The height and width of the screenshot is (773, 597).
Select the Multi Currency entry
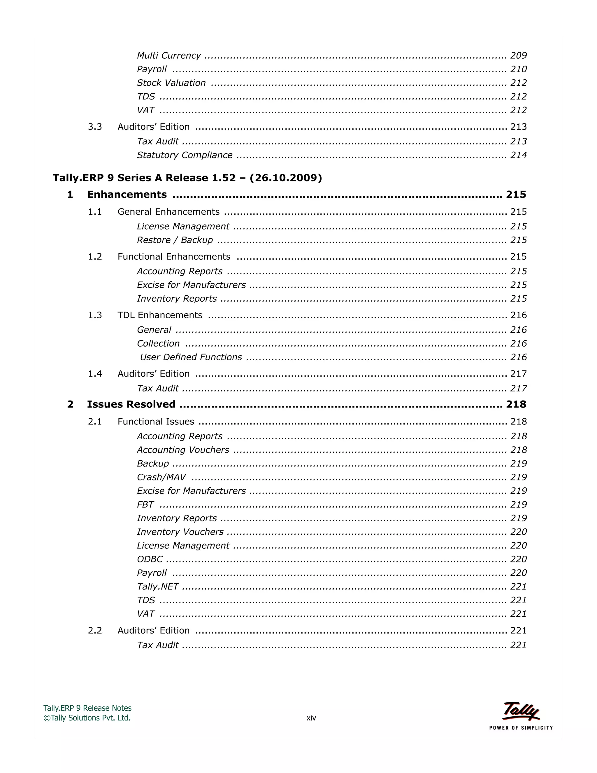[x=169, y=55]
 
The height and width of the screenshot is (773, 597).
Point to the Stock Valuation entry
[x=171, y=83]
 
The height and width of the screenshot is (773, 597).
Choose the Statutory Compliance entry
[x=185, y=155]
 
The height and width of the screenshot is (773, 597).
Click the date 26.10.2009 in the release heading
[x=286, y=178]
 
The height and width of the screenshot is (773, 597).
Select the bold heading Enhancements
[x=127, y=194]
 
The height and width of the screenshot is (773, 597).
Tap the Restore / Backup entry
[x=175, y=240]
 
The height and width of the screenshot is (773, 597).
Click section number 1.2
[x=95, y=257]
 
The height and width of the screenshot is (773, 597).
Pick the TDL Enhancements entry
[x=160, y=315]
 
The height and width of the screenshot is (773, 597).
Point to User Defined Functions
[x=191, y=357]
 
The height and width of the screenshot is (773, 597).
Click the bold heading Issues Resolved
[x=131, y=404]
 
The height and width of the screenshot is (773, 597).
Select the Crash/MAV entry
[x=161, y=477]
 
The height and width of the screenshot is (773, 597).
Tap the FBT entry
[x=145, y=504]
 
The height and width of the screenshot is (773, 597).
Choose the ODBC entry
[x=150, y=559]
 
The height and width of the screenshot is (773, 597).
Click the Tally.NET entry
[x=158, y=587]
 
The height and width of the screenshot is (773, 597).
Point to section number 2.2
[x=95, y=630]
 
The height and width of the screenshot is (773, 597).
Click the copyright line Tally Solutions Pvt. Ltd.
[x=87, y=718]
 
